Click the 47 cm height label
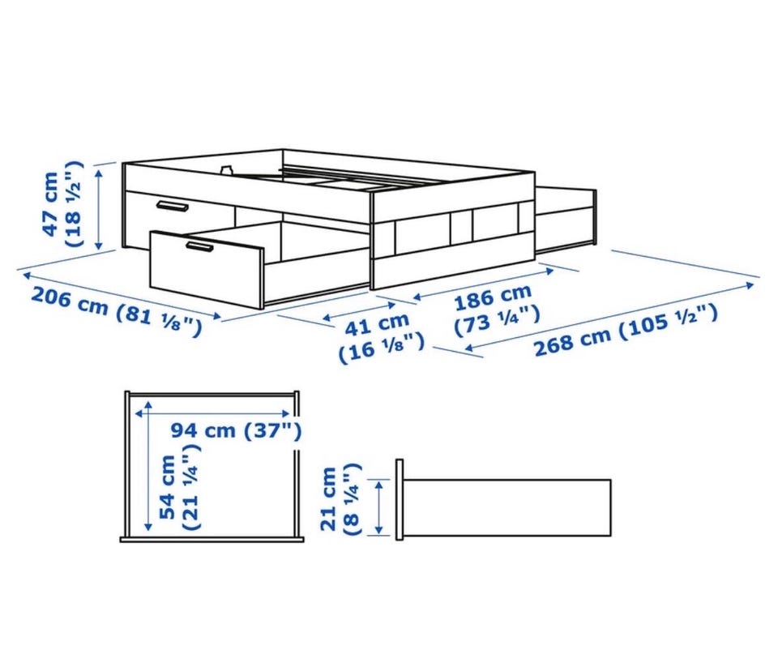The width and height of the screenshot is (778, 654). coord(50,203)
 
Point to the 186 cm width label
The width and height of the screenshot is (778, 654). coord(494,297)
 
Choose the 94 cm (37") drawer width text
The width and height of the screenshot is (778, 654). coord(236,430)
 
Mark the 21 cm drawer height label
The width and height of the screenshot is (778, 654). coord(328,499)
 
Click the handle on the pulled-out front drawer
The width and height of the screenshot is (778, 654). coord(199,247)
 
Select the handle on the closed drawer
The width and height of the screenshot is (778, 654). coord(172,206)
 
